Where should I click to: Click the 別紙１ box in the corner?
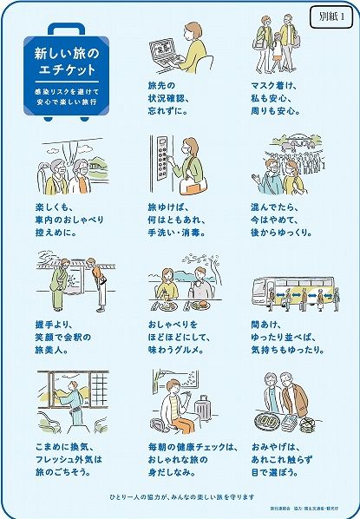(331, 16)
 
